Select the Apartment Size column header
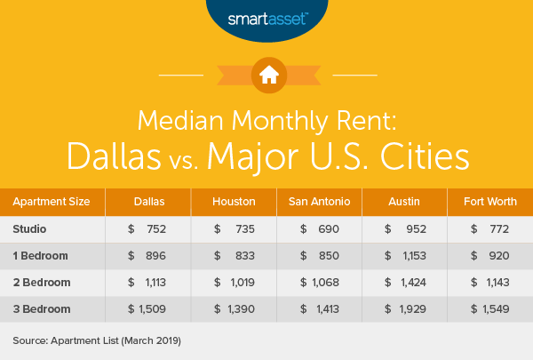click(51, 202)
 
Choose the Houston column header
click(234, 202)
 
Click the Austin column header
click(402, 202)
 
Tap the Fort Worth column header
click(488, 202)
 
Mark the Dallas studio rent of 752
click(157, 228)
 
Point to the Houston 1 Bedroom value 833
click(243, 255)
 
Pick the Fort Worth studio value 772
click(497, 228)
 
